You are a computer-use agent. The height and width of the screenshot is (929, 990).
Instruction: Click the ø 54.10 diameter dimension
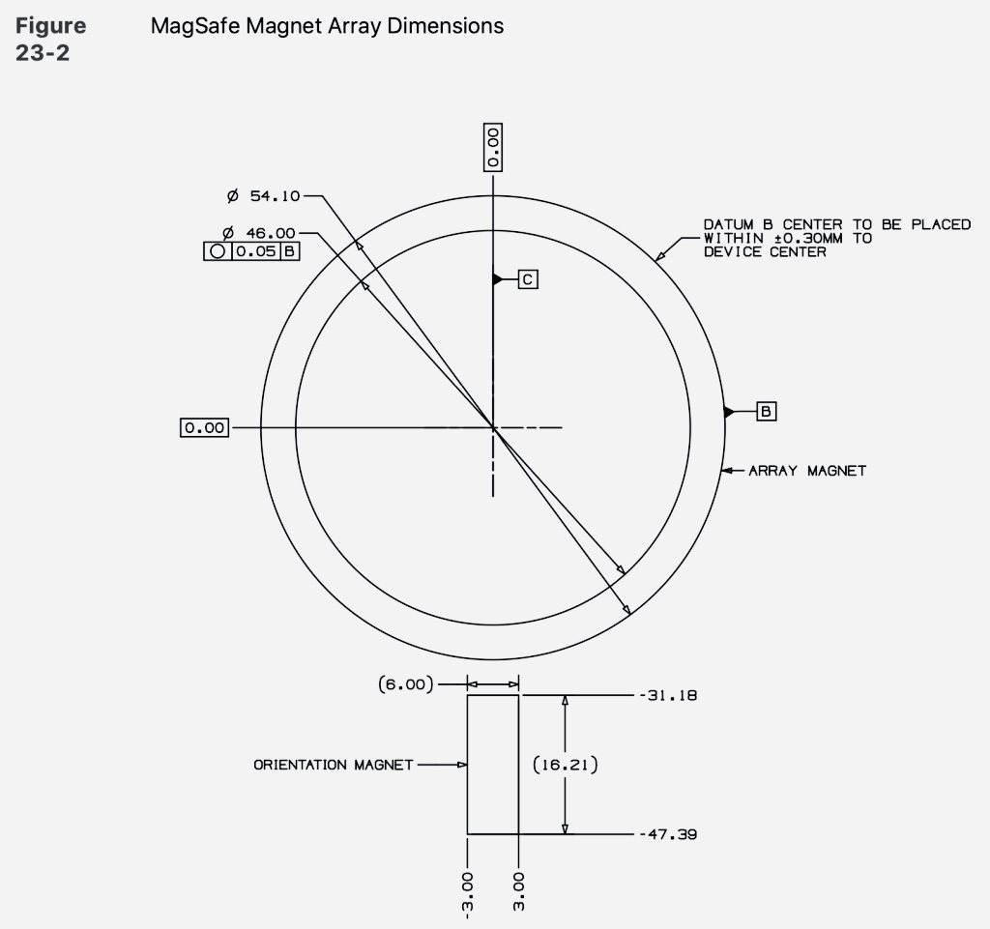263,196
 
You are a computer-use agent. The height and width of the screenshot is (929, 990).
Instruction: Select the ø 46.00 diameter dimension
259,233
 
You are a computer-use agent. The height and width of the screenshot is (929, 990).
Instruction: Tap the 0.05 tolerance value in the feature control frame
255,251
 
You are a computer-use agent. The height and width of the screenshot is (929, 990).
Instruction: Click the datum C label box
528,279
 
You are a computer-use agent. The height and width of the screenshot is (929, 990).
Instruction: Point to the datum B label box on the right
766,412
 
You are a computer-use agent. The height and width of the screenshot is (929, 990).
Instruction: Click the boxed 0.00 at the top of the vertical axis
493,148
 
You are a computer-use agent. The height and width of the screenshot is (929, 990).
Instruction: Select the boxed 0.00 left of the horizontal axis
205,428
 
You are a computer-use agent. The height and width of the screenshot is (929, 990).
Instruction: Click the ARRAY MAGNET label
807,471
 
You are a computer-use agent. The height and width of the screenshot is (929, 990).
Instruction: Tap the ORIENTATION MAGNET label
334,765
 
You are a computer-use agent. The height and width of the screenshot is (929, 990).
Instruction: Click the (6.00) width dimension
406,684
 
